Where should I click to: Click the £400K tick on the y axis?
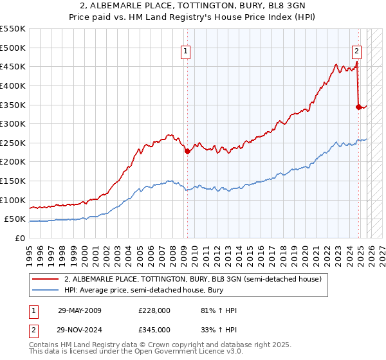[13, 85]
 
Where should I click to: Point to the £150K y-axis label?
[13, 181]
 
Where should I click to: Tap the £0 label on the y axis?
[21, 238]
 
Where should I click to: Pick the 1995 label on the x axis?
[30, 249]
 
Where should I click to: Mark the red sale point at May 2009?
[187, 152]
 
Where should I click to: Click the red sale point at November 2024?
[358, 107]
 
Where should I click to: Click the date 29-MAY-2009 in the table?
[79, 310]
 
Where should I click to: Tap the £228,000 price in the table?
[154, 310]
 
